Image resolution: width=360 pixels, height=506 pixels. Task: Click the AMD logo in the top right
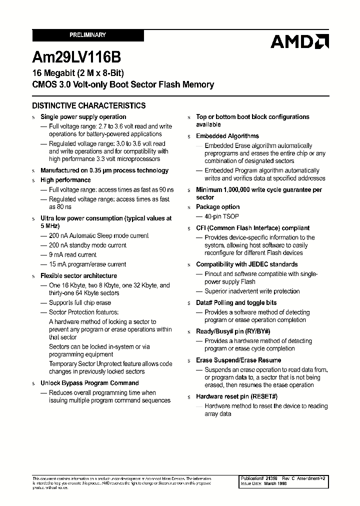click(x=299, y=41)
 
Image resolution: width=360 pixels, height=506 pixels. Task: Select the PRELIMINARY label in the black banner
click(x=88, y=35)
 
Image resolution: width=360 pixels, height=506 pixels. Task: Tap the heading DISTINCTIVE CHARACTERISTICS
click(x=89, y=105)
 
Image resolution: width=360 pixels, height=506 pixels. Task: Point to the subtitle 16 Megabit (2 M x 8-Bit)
click(x=77, y=73)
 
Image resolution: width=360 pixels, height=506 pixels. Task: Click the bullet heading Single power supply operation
click(x=83, y=117)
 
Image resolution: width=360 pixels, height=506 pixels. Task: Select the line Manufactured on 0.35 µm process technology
click(x=104, y=170)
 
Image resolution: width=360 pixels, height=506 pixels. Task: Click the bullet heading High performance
click(x=65, y=180)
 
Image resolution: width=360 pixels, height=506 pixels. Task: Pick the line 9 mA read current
click(x=72, y=255)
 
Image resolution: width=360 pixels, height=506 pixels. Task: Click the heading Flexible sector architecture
click(x=78, y=276)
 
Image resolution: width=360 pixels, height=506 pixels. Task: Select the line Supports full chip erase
click(x=79, y=303)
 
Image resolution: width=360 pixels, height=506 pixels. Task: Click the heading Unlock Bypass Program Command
click(x=89, y=383)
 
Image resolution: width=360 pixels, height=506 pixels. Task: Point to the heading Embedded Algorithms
click(x=227, y=136)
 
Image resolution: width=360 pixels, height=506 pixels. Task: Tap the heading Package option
click(x=217, y=207)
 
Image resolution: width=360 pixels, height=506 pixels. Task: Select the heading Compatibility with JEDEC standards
click(x=246, y=264)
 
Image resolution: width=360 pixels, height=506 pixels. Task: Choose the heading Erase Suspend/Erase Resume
click(x=238, y=360)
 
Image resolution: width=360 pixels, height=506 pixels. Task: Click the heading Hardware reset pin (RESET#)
click(x=236, y=396)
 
